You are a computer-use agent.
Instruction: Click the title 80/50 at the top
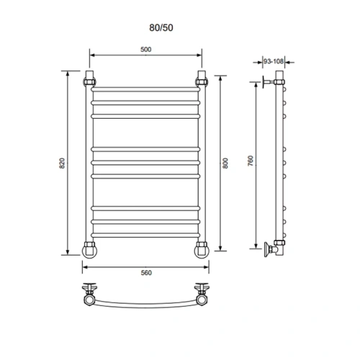coord(161,28)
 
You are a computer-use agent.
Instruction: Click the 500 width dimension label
coord(145,50)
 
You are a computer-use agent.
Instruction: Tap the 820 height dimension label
coord(62,163)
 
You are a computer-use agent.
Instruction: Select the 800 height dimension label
coord(225,163)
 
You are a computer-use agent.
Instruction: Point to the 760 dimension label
coord(251,161)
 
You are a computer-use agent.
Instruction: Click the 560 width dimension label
coord(146,273)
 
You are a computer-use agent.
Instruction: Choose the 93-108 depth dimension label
coord(274,61)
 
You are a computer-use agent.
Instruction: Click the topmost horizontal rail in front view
coord(145,89)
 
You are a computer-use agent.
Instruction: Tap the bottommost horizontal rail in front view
coord(145,235)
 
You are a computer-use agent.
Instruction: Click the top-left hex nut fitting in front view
coord(89,82)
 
